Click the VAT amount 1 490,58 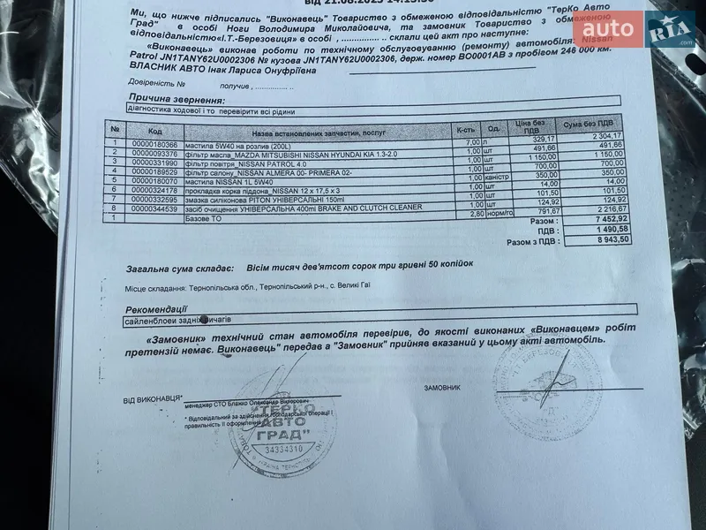click(599, 228)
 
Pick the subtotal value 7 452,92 click(599, 216)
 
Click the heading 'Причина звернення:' click(164, 100)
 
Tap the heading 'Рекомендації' click(154, 310)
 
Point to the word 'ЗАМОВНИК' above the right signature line click(442, 387)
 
